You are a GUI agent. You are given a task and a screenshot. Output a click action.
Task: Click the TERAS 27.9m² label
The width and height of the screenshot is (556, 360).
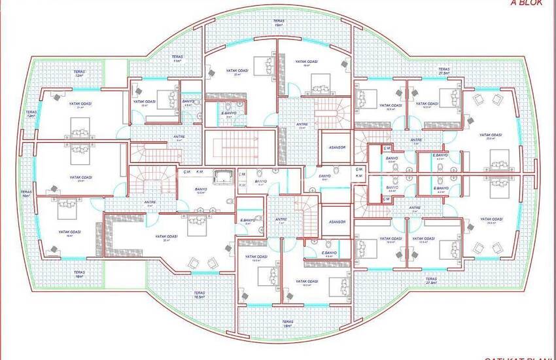click(x=430, y=281)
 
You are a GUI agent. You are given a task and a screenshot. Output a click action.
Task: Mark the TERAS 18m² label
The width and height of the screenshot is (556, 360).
click(x=288, y=325)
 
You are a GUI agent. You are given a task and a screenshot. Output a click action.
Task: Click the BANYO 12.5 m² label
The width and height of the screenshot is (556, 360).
click(x=201, y=191)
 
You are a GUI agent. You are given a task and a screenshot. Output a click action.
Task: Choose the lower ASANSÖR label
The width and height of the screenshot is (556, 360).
click(x=337, y=222)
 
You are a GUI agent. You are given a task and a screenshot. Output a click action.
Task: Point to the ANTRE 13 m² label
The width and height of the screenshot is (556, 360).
click(x=302, y=125)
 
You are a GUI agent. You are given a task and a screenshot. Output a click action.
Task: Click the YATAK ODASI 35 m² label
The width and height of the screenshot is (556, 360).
click(x=167, y=237)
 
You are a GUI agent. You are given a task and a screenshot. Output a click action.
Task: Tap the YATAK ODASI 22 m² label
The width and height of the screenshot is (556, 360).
click(x=235, y=72)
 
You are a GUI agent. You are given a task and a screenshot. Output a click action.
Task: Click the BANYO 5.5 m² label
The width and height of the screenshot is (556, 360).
click(x=392, y=159)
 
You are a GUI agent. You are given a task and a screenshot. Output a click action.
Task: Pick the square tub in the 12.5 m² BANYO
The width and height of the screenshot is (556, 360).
click(x=223, y=177)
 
